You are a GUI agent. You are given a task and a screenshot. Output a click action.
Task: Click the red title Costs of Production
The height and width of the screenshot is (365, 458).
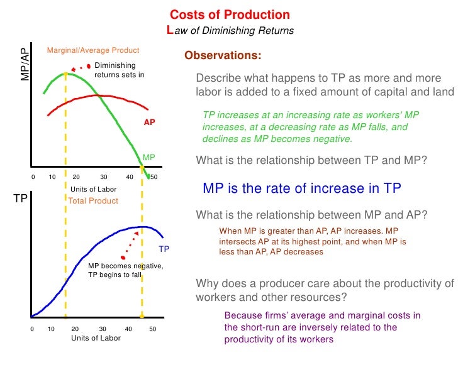(230, 15)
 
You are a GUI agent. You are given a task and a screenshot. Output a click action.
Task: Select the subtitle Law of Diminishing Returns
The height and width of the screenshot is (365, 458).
(230, 30)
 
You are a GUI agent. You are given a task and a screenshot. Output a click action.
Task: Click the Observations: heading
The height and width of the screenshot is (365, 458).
(223, 56)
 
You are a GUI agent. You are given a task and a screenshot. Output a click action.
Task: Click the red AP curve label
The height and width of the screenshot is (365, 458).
(149, 123)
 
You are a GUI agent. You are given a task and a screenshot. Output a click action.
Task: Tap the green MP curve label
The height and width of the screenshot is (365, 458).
(148, 156)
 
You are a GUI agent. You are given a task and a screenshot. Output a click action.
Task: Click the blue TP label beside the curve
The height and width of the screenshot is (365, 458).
(164, 249)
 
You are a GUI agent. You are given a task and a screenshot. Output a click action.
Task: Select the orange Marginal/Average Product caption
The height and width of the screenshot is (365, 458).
(93, 50)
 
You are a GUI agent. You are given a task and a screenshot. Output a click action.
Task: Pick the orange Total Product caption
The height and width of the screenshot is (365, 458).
(93, 201)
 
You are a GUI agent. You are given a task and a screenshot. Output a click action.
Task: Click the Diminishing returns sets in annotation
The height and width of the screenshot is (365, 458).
(119, 70)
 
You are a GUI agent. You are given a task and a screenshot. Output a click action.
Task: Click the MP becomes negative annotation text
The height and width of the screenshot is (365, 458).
(125, 270)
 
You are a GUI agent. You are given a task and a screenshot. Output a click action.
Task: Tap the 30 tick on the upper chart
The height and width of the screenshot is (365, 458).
(103, 177)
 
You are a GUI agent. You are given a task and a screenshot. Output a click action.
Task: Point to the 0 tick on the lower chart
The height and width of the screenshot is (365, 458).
(31, 329)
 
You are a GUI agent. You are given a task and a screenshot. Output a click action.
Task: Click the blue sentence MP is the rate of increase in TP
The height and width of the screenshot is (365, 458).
(302, 188)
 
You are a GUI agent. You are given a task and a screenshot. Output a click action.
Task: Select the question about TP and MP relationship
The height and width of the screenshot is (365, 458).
(311, 160)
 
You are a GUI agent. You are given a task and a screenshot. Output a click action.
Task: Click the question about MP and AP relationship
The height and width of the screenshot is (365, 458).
(311, 215)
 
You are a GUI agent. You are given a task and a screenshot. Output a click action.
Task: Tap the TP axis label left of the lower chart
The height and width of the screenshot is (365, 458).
(19, 199)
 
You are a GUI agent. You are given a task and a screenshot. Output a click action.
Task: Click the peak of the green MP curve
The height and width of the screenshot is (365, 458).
(65, 74)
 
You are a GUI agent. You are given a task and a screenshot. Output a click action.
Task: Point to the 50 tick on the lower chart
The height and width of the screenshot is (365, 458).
(152, 329)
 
